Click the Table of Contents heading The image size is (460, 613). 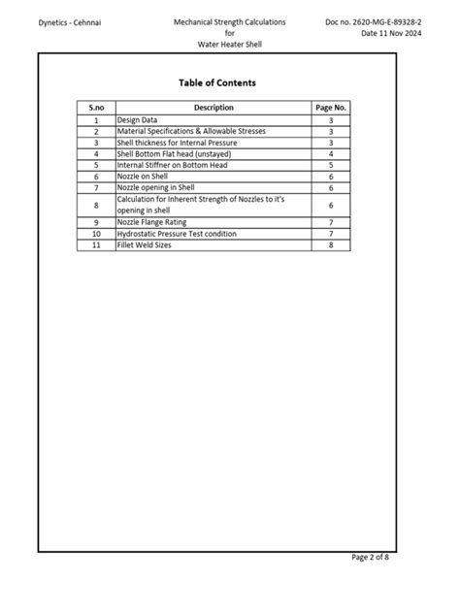217,83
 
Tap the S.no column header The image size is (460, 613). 96,108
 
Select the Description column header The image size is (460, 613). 213,108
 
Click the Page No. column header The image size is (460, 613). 331,108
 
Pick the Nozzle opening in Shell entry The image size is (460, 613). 155,188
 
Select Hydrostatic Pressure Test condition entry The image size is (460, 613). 176,234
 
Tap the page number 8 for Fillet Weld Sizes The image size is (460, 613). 331,245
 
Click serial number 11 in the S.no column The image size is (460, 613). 96,245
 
